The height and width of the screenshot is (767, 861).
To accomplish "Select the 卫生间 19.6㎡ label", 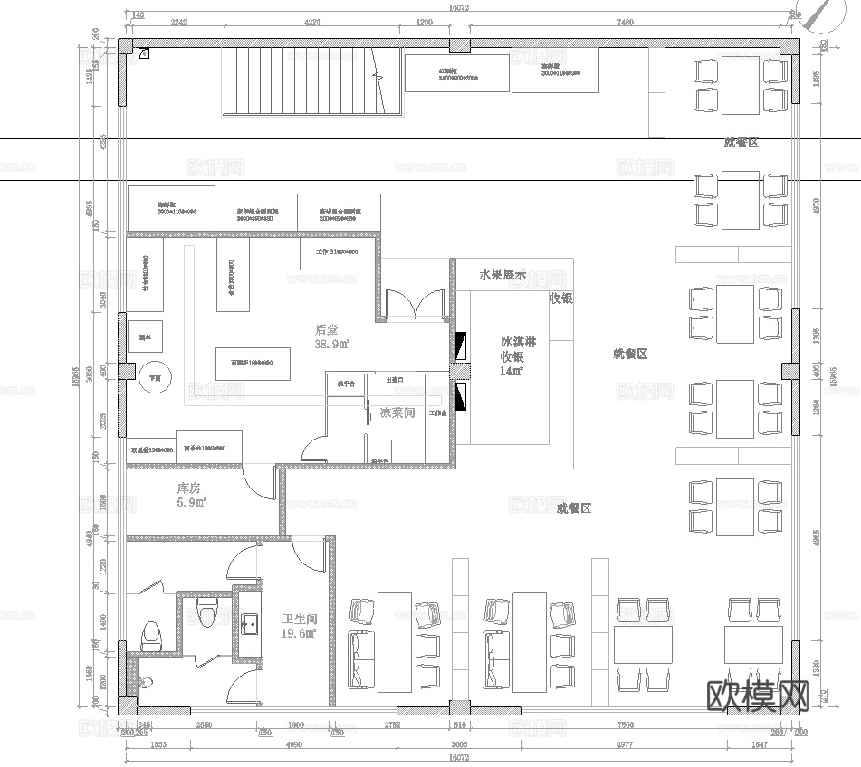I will click(x=299, y=626).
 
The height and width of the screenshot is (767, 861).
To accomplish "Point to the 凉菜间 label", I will click(x=397, y=412).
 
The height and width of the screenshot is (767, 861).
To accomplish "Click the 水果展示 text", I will click(x=502, y=274).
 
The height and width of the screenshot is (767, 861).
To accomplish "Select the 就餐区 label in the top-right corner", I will click(x=741, y=142).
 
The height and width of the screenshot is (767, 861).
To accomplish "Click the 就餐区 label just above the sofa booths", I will click(x=573, y=509).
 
